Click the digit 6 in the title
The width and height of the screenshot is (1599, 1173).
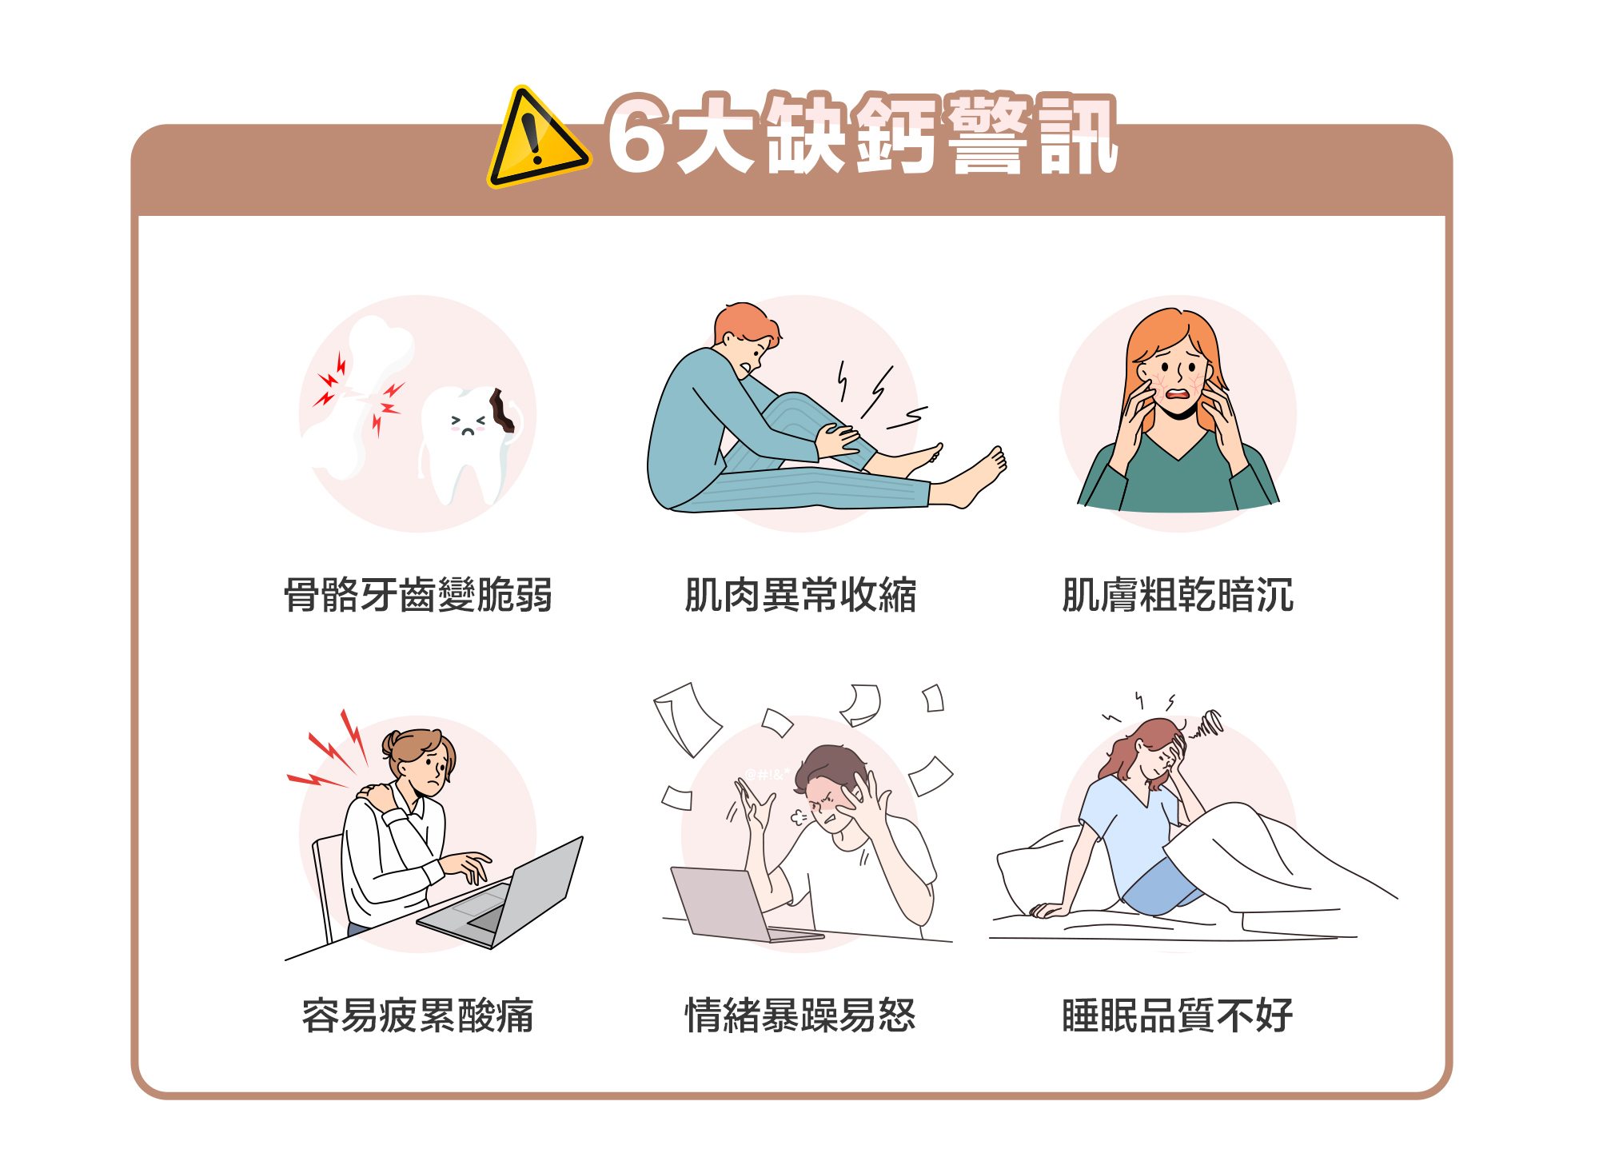636,134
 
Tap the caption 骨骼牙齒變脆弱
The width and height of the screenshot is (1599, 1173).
418,595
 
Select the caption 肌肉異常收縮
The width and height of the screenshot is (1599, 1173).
800,595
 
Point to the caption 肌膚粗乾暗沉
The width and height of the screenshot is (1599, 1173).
1178,595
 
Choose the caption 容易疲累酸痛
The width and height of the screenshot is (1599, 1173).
418,1015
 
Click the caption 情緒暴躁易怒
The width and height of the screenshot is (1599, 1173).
800,1015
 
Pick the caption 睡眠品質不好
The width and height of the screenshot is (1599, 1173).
1178,1015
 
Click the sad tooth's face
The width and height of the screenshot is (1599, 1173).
469,424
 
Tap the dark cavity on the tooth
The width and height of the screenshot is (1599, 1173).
502,410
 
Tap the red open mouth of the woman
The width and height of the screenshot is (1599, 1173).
1178,393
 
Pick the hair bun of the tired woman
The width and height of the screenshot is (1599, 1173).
391,744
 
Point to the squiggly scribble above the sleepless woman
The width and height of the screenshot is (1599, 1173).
1206,724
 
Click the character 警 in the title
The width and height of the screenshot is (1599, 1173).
988,133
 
